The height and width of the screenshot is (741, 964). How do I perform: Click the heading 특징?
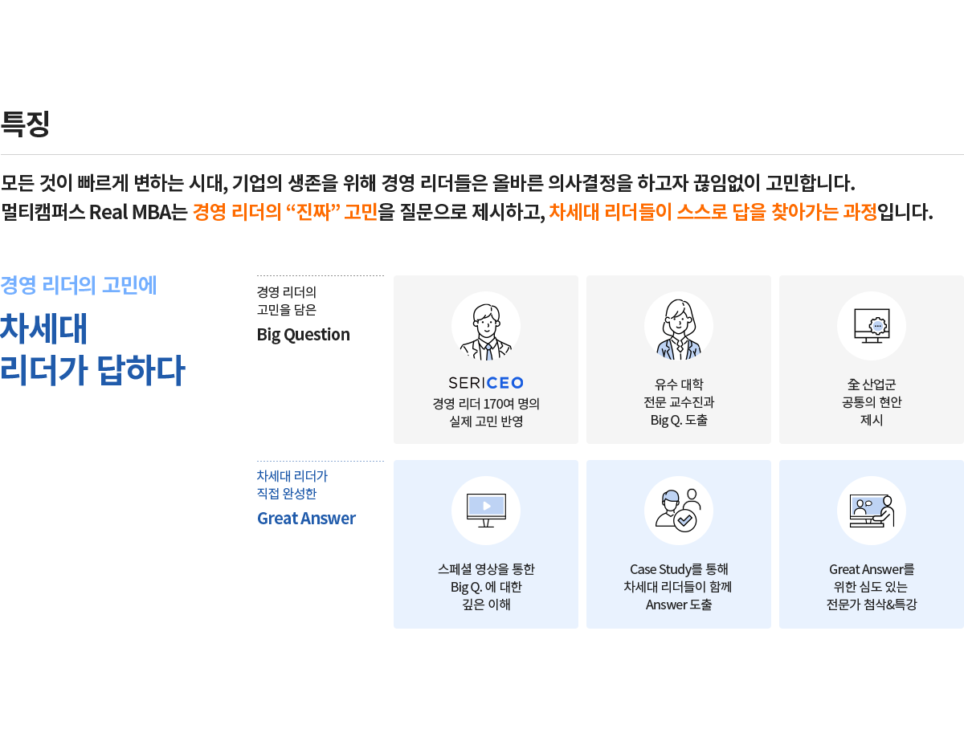point(25,124)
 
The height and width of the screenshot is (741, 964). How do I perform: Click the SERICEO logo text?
point(485,383)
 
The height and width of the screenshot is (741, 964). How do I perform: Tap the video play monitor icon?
point(485,510)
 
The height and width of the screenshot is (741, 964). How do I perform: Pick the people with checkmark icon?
point(678,510)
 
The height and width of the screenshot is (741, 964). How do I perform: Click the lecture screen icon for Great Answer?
point(871,510)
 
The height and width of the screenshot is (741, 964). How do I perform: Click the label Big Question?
point(303,334)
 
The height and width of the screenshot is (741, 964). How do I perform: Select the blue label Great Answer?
point(306,518)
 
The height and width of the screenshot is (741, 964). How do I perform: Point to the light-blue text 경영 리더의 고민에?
point(78,285)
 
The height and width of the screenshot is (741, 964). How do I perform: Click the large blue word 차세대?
point(43,328)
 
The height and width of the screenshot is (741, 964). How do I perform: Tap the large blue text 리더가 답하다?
point(92,371)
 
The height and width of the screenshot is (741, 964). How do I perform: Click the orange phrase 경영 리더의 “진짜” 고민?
point(285,213)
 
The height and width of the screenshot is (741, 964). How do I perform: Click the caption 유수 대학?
point(678,384)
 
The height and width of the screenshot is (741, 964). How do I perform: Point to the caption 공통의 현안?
point(871,401)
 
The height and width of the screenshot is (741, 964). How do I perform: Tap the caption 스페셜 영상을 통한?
point(485,569)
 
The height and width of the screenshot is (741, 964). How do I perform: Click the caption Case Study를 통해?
point(678,569)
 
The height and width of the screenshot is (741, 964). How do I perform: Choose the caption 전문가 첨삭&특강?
point(871,605)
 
